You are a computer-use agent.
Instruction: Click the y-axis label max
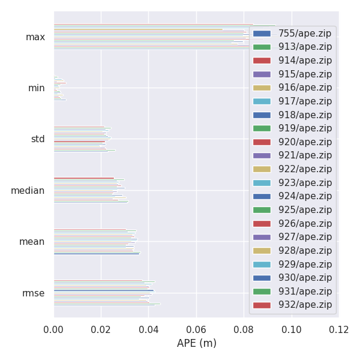[35, 37]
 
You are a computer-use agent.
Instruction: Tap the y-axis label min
[37, 88]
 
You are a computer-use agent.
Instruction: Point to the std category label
[38, 139]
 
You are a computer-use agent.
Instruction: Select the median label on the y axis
[28, 191]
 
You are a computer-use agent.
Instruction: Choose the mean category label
[32, 242]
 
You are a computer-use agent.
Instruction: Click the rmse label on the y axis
[34, 293]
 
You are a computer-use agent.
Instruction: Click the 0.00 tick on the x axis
[54, 329]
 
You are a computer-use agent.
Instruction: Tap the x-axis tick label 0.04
[149, 329]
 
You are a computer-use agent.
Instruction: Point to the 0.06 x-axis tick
[196, 329]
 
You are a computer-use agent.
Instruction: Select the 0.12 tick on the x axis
[338, 329]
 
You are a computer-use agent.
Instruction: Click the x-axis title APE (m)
[196, 344]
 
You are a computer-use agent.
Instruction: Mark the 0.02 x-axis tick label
[101, 329]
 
